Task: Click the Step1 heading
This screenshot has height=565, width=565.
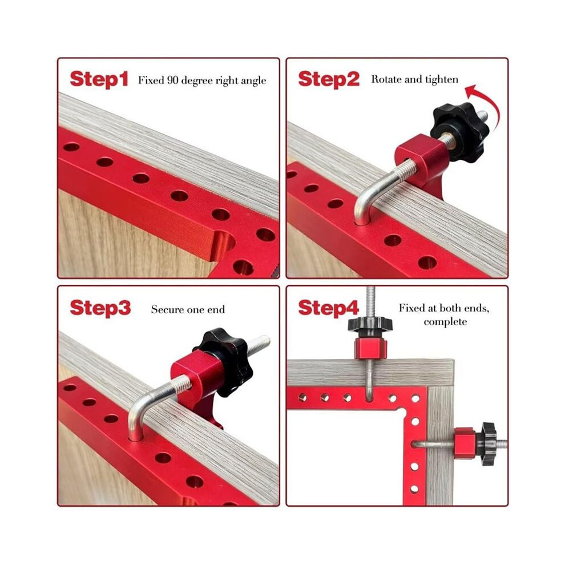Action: (x=99, y=79)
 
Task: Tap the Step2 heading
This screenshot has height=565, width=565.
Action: (x=329, y=79)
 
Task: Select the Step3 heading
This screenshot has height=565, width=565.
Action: (x=100, y=308)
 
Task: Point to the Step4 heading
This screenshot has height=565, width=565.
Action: (x=328, y=308)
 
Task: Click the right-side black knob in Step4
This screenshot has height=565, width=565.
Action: (x=489, y=444)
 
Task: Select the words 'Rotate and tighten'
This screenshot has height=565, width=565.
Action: (x=415, y=80)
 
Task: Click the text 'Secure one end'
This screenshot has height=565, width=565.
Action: (x=188, y=309)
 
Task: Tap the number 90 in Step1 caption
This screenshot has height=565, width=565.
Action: (x=172, y=80)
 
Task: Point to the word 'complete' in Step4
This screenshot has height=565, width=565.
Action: (x=445, y=321)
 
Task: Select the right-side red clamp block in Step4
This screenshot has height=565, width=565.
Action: (x=466, y=443)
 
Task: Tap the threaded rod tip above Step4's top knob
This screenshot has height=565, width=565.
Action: (x=370, y=288)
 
